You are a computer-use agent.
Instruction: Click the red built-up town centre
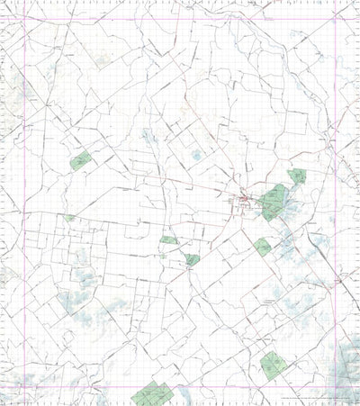click(x=244, y=198)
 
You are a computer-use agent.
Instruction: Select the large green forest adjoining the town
click(x=274, y=203)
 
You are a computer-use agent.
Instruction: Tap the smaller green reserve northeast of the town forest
click(x=297, y=177)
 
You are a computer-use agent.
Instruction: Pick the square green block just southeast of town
click(x=262, y=246)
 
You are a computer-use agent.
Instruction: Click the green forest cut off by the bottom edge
click(x=151, y=394)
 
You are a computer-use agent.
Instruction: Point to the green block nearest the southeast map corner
click(x=273, y=364)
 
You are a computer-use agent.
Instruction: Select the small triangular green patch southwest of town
click(x=193, y=259)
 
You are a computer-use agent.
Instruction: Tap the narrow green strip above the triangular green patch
click(x=169, y=240)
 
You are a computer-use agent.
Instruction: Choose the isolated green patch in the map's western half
click(x=81, y=161)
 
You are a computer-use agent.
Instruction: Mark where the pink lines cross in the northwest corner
click(x=8, y=19)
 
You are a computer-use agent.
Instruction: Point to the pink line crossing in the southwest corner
click(x=8, y=388)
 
